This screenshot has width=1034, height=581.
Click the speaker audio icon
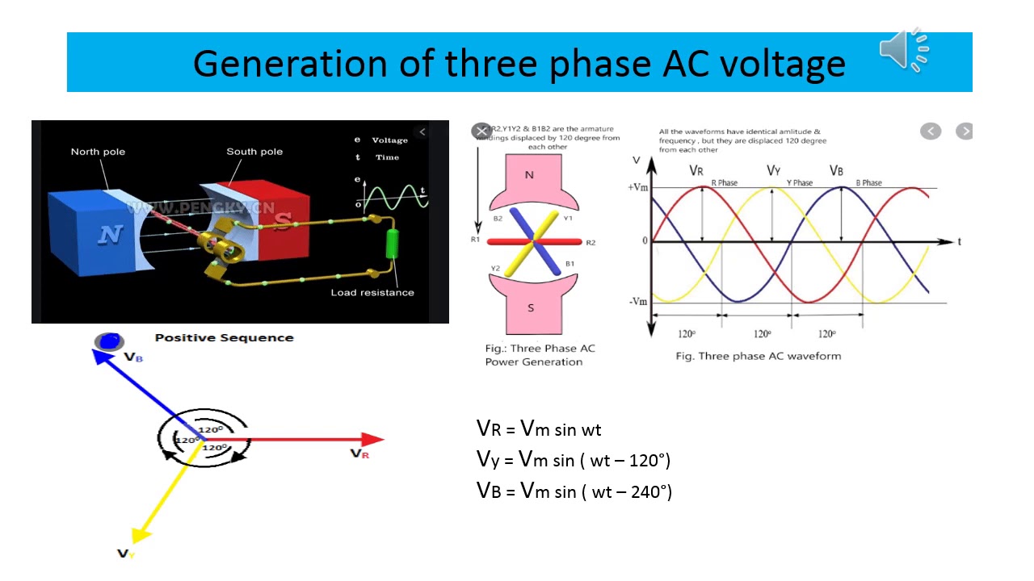pos(903,50)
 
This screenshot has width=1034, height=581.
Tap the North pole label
pos(98,152)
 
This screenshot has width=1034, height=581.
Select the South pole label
pos(254,152)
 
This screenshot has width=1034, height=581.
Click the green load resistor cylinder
pos(393,244)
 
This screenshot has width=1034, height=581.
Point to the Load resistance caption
pos(372,292)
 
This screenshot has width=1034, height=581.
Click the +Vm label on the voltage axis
pos(638,187)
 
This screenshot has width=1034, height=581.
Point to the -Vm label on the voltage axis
pos(638,302)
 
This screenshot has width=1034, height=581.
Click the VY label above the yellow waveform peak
pos(773,170)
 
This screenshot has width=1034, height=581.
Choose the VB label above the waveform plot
pos(838,170)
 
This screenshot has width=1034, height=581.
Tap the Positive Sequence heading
pos(224,338)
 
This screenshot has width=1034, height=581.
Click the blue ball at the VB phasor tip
pos(109,341)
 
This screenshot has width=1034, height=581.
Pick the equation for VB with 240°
pos(574,491)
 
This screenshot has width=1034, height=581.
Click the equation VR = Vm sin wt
pos(539,429)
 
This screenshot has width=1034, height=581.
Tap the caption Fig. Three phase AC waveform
pos(758,356)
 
